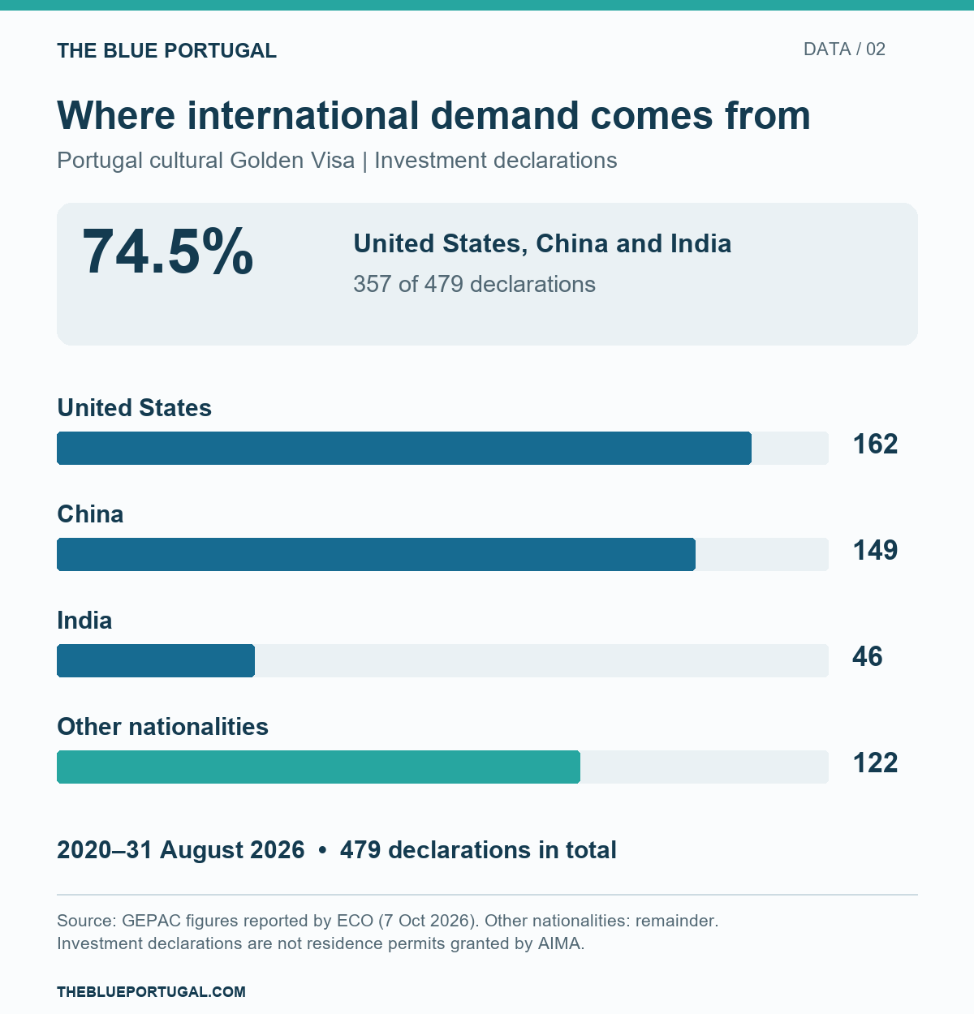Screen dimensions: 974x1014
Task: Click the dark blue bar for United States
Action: tap(404, 448)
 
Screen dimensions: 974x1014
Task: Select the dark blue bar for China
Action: tap(376, 554)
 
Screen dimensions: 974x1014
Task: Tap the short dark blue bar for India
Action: tap(156, 660)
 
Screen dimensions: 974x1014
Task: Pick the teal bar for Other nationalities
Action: tap(319, 767)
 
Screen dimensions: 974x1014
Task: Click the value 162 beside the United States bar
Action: tap(875, 445)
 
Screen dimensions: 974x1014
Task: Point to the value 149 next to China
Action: tap(875, 551)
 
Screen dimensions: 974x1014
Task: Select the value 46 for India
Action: tap(868, 656)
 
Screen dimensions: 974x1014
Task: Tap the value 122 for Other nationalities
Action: tap(875, 763)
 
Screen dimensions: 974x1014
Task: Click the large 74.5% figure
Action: tap(167, 251)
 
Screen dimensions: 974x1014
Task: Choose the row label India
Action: tap(84, 621)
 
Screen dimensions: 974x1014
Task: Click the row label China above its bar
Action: tap(90, 514)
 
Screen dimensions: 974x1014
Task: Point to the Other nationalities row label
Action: tap(162, 727)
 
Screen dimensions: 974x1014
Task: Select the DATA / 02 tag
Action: tap(844, 49)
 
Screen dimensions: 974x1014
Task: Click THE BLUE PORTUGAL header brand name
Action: tap(167, 51)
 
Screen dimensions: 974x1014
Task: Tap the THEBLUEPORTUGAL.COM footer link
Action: tap(151, 991)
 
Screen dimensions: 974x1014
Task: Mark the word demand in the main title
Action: tap(505, 116)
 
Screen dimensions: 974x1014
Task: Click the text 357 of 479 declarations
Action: tap(475, 285)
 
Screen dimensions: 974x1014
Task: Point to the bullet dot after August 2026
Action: tap(322, 850)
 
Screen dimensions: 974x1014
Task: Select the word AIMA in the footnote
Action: tap(559, 943)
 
